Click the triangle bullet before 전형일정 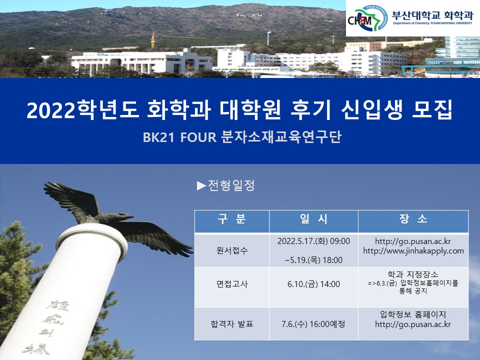pos(201,186)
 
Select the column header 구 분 pos(231,219)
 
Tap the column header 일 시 pos(313,219)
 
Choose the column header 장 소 pos(413,219)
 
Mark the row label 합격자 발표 pos(232,323)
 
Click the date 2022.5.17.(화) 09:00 pos(313,241)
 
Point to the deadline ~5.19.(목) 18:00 pos(313,260)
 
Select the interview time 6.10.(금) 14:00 pos(313,284)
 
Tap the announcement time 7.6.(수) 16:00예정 pos(313,323)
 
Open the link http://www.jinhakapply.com pos(413,251)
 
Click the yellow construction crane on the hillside pos(153,40)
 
